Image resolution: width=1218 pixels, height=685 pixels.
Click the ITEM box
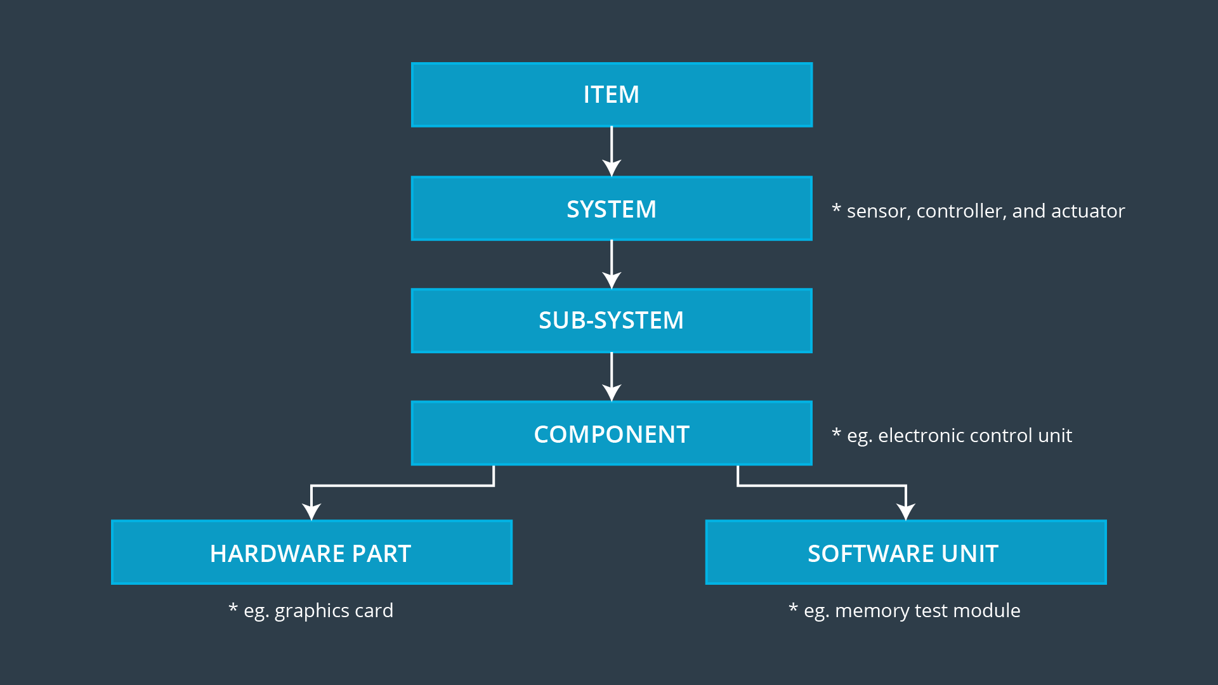[x=612, y=95]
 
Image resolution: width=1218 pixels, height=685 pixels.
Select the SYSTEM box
[x=612, y=209]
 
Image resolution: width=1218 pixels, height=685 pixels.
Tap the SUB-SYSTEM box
[x=612, y=321]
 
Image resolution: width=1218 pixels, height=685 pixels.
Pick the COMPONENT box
[x=612, y=434]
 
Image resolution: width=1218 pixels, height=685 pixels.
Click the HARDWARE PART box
[x=311, y=553]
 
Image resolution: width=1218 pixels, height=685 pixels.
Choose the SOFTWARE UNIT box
[x=906, y=553]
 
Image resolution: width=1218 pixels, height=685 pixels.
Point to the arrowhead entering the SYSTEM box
[x=612, y=167]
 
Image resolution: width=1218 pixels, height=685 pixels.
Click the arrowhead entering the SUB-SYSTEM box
[x=612, y=280]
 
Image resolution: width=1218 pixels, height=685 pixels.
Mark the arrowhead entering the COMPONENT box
[x=612, y=393]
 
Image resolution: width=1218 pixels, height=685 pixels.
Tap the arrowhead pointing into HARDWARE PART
[x=311, y=511]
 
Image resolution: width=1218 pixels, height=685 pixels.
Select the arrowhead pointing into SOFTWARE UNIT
[x=906, y=511]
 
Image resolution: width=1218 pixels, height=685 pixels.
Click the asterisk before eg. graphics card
[x=233, y=608]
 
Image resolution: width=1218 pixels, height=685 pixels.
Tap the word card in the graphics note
[x=374, y=611]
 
